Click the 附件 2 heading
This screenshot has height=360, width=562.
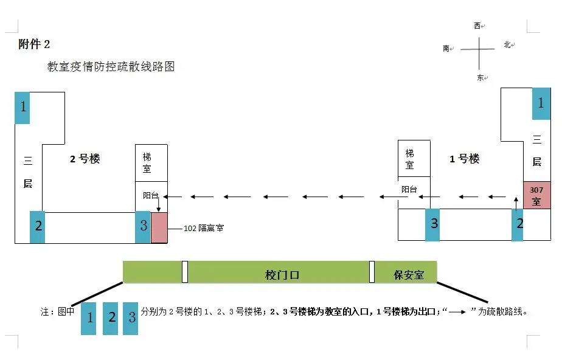[35, 44]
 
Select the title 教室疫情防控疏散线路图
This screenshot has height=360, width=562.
[111, 67]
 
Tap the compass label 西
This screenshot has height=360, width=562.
[477, 26]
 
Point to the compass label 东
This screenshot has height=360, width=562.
[480, 77]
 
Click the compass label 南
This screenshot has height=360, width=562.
[446, 49]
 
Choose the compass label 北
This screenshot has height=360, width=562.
[507, 45]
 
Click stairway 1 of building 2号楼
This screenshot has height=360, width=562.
[23, 108]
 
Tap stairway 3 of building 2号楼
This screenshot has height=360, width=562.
[143, 226]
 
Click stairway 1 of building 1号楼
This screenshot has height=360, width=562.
[541, 103]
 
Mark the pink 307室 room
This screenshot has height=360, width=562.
[536, 196]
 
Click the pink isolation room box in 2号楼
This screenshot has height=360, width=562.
[159, 228]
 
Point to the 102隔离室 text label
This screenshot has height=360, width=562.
[204, 229]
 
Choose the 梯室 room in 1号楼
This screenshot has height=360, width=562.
[411, 159]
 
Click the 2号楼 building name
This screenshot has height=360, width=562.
[85, 159]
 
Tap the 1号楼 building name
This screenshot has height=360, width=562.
[464, 159]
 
